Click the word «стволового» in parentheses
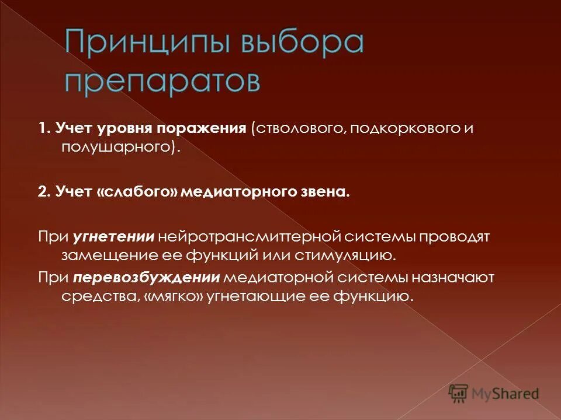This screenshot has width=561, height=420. point(297,129)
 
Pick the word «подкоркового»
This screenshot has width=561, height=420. point(402,129)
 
